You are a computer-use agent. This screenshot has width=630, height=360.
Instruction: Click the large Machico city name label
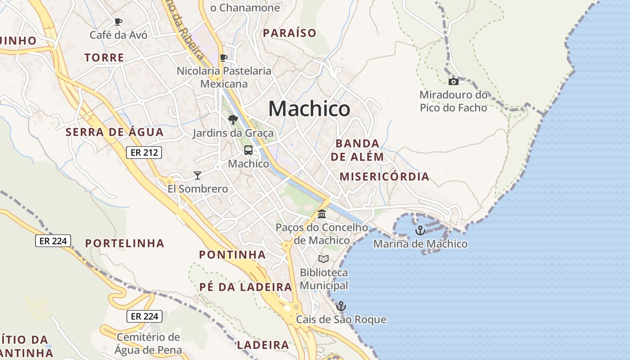tap(309, 109)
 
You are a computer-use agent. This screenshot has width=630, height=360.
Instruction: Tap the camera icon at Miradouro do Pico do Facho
tap(454, 81)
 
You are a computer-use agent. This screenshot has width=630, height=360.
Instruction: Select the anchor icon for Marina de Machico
tap(420, 230)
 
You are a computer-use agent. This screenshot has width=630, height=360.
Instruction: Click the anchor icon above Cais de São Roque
tap(341, 306)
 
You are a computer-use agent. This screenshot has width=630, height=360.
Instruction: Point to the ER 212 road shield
tap(144, 153)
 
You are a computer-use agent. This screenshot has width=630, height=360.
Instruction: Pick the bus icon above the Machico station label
tap(248, 150)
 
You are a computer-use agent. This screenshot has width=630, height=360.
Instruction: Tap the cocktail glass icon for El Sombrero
tap(197, 175)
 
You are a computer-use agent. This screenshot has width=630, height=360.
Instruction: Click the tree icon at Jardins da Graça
tap(233, 120)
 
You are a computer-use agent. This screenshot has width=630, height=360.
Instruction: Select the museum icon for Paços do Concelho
tap(322, 214)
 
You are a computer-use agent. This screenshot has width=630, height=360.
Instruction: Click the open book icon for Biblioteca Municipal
tap(324, 259)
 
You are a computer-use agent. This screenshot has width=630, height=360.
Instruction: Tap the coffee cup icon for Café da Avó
tap(118, 22)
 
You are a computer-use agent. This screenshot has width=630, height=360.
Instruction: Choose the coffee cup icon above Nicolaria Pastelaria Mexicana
tap(224, 58)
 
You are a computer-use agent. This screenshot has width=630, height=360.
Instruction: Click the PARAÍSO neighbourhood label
tap(289, 33)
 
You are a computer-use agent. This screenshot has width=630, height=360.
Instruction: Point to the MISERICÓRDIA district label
tap(384, 176)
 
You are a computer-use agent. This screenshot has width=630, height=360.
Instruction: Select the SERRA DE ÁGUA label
tap(114, 132)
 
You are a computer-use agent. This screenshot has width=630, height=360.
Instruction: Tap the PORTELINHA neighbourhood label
tap(125, 243)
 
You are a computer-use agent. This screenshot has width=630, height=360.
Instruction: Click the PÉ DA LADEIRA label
tap(246, 287)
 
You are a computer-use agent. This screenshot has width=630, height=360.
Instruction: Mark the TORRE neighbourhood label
tap(104, 58)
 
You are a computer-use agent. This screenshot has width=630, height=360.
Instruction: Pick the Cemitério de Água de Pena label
tap(148, 343)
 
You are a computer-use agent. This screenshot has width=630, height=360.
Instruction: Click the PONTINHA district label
tap(232, 255)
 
